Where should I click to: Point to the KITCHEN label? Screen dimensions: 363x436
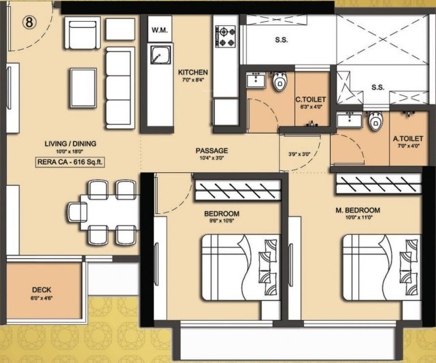coord(192,72)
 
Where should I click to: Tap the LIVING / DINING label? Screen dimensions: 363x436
coord(70,144)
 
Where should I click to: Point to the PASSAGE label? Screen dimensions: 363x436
coord(212,151)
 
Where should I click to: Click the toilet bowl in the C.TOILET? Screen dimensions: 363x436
coord(278,82)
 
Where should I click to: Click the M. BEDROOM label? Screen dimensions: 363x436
coord(357,210)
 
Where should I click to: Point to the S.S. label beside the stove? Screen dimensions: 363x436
coord(281,40)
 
